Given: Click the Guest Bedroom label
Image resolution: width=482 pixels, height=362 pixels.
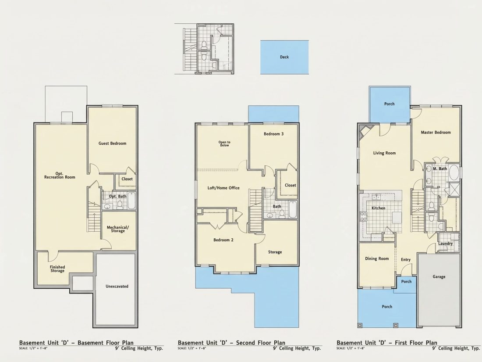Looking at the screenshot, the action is pyautogui.click(x=112, y=143).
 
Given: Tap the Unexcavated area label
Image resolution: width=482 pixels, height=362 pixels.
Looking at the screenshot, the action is pyautogui.click(x=117, y=286).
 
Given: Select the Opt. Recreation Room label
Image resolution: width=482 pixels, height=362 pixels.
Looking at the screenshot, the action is pyautogui.click(x=60, y=175).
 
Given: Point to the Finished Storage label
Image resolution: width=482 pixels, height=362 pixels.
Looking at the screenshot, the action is pyautogui.click(x=57, y=269).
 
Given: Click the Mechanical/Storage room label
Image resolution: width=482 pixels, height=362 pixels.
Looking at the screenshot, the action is pyautogui.click(x=118, y=229).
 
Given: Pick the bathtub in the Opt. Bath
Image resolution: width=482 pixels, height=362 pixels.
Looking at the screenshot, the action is pyautogui.click(x=131, y=201).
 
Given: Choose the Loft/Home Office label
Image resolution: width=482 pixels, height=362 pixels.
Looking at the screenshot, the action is pyautogui.click(x=223, y=188).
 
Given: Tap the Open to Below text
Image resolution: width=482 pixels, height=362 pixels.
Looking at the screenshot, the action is pyautogui.click(x=224, y=144).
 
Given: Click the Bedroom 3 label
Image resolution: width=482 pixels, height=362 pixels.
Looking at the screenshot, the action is pyautogui.click(x=273, y=133).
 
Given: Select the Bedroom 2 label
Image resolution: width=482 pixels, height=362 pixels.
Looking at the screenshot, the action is pyautogui.click(x=223, y=240).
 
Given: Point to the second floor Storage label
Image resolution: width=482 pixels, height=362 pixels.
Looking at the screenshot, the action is pyautogui.click(x=275, y=252).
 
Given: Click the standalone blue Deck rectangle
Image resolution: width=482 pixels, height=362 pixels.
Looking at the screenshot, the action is pyautogui.click(x=285, y=57).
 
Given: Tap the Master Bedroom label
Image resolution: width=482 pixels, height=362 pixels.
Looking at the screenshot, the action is pyautogui.click(x=436, y=133).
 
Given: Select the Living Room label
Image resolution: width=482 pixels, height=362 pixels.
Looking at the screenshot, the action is pyautogui.click(x=384, y=153).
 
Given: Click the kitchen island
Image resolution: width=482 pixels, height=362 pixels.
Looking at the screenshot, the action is pyautogui.click(x=397, y=217).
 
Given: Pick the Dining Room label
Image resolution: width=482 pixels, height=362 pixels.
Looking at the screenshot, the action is pyautogui.click(x=377, y=258).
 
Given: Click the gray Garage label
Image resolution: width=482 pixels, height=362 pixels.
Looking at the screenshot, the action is pyautogui.click(x=439, y=277).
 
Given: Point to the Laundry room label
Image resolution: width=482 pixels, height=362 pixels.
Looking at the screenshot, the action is pyautogui.click(x=446, y=244).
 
